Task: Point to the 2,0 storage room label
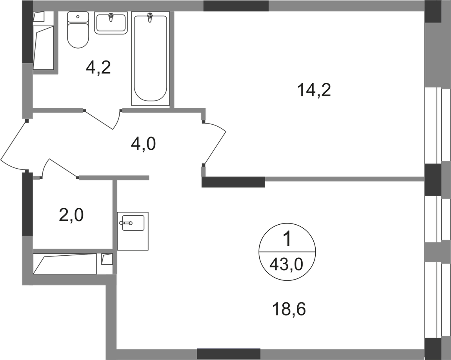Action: click(71, 215)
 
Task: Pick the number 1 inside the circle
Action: click(288, 239)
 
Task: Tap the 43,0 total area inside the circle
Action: click(287, 266)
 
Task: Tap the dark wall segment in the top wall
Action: click(236, 6)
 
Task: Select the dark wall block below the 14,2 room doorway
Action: click(233, 183)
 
